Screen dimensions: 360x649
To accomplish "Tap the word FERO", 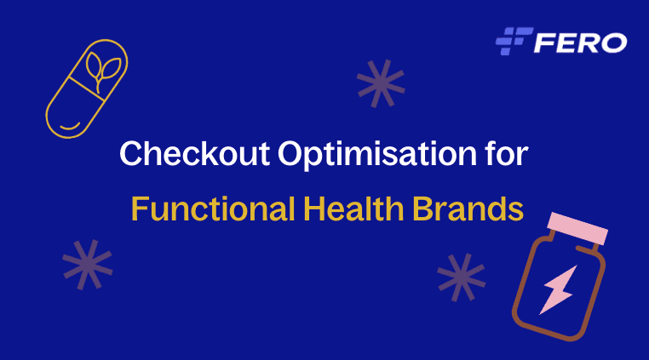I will pos(580,41).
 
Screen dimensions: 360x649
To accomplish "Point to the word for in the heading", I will pos(508,155).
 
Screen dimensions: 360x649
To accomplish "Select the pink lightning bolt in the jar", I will pos(557,290).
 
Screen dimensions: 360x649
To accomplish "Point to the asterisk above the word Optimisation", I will pos(381,83).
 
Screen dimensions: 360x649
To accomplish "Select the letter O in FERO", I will pos(613,41).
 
